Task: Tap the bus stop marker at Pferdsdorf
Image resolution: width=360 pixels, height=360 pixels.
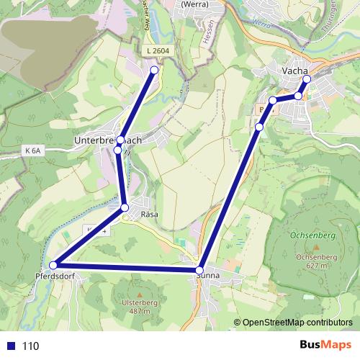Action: [x=53, y=266]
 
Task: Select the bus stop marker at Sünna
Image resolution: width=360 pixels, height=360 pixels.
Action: [x=199, y=270]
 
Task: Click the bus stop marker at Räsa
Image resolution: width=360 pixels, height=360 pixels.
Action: [x=125, y=208]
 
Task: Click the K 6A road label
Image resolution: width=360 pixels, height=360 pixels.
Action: [x=33, y=150]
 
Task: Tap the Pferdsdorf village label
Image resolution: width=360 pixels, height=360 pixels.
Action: [x=54, y=276]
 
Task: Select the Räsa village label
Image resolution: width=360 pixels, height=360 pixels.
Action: [x=149, y=215]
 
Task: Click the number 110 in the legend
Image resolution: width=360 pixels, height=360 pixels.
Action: [x=30, y=346]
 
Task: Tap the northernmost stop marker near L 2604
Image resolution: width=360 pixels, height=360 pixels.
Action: [x=153, y=70]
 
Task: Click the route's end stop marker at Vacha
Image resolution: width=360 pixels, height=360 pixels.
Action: [x=305, y=79]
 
